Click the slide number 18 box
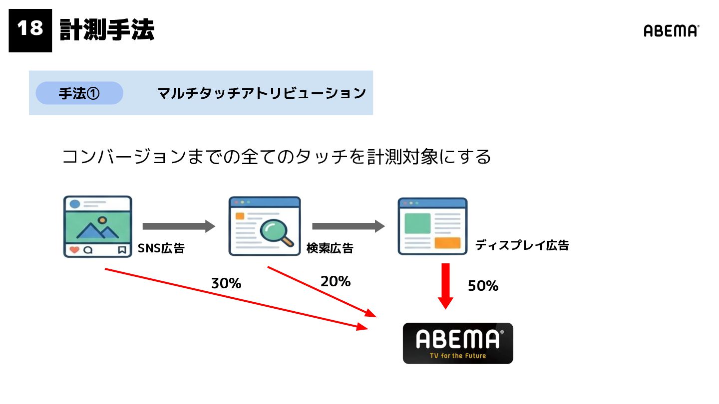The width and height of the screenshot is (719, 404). click(x=30, y=30)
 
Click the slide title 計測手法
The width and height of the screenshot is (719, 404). click(x=107, y=30)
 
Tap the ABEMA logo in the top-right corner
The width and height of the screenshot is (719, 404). click(x=671, y=31)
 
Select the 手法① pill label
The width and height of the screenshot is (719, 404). click(x=79, y=93)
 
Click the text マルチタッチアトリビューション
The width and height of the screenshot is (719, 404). click(x=262, y=93)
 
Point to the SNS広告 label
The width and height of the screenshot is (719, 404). click(x=161, y=248)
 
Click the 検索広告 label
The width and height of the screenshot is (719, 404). click(x=330, y=248)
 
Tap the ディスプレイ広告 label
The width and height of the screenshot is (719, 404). click(x=522, y=245)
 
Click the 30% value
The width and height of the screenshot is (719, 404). click(x=226, y=284)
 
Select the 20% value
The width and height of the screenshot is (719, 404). click(x=336, y=282)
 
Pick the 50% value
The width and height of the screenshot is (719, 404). click(x=483, y=286)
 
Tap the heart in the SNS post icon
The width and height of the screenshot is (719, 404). click(x=74, y=250)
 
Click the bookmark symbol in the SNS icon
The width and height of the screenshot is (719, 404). click(x=122, y=250)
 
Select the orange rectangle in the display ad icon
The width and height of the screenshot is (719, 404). click(x=447, y=243)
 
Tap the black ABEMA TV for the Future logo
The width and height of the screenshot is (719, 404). click(x=458, y=343)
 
